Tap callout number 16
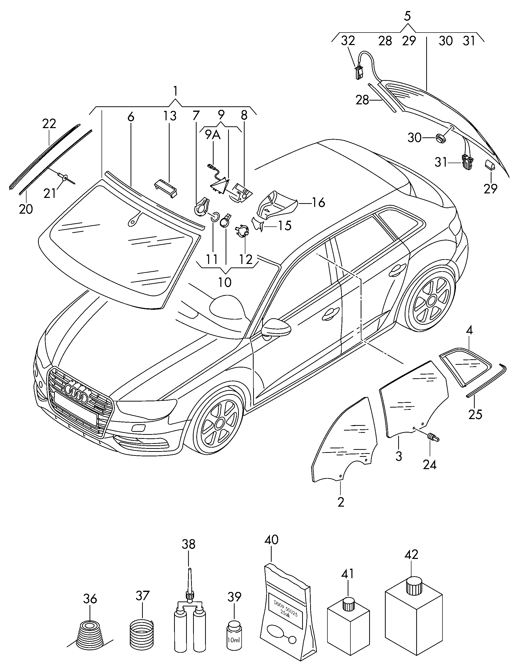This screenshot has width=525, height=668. (x=318, y=203)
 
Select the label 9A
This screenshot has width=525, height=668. (x=213, y=134)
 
